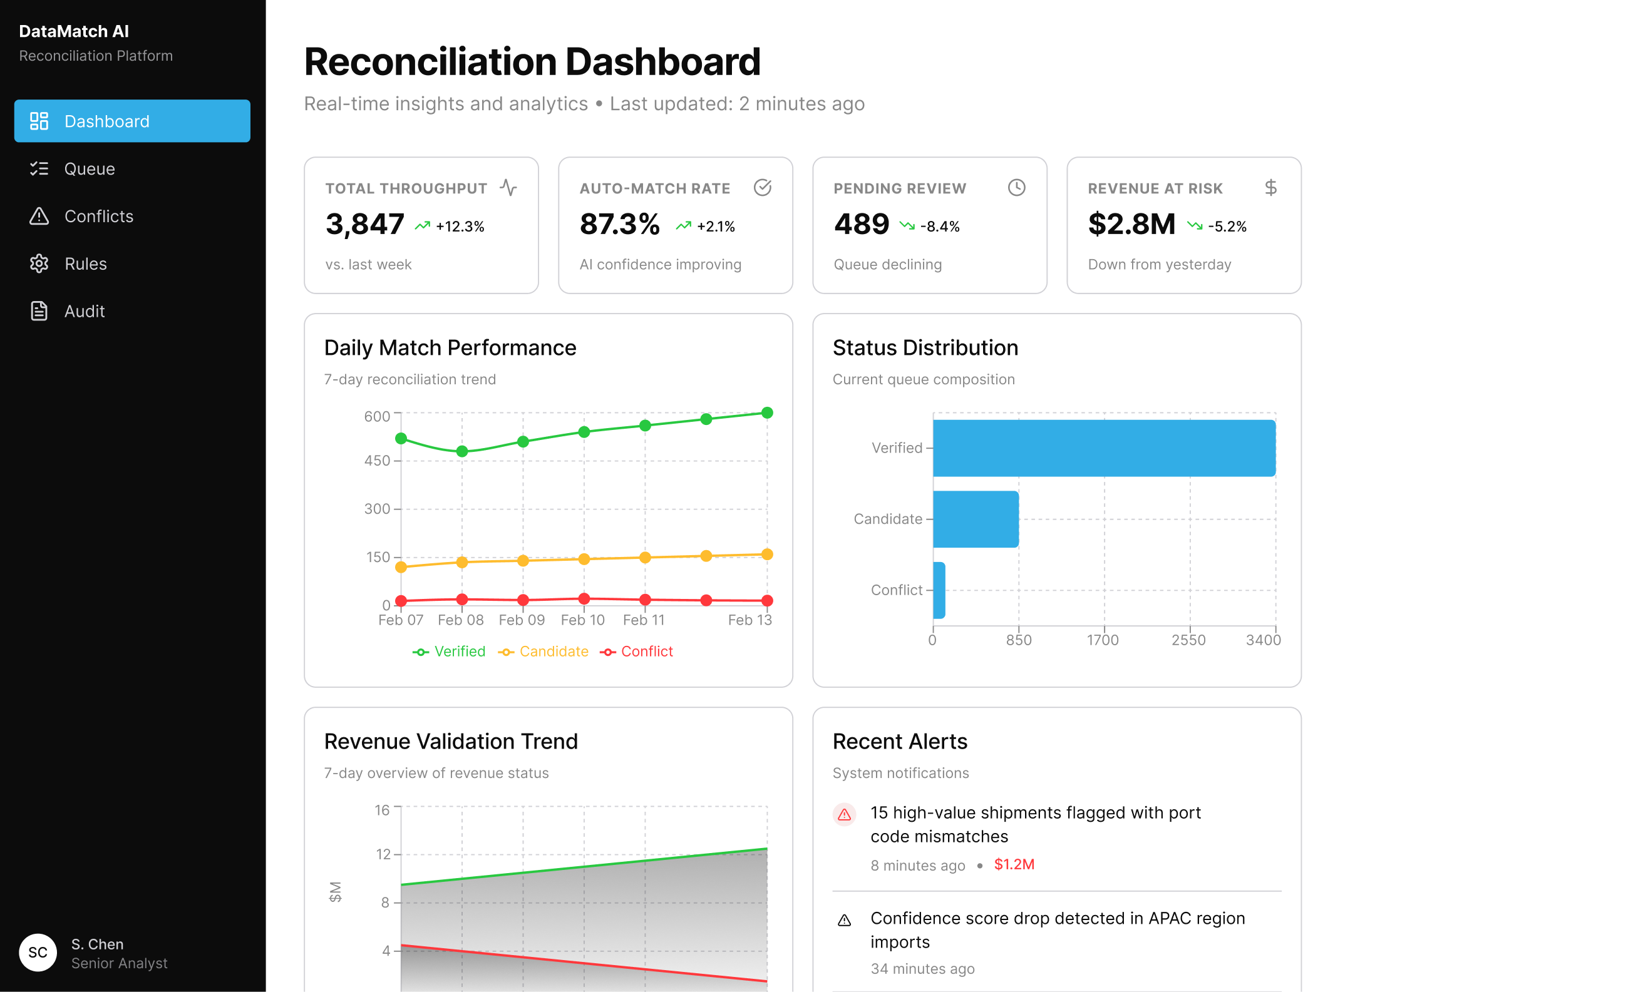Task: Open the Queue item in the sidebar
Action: coord(90,168)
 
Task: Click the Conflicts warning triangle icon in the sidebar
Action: coord(39,216)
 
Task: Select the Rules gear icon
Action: coord(39,263)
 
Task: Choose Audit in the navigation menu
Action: coord(84,310)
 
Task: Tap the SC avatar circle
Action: coord(38,952)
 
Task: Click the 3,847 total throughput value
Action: coord(365,224)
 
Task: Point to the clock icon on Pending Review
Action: coord(1016,188)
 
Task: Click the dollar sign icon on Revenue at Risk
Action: coord(1270,188)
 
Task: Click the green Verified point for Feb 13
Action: coord(768,413)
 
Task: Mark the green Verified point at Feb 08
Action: coord(462,451)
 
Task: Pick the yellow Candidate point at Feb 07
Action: coord(401,567)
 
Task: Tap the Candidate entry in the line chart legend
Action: coord(553,652)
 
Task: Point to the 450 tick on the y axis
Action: coord(378,461)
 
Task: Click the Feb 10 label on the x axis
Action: coord(583,620)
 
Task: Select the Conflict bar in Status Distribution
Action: coord(939,590)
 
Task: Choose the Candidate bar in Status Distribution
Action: coord(976,519)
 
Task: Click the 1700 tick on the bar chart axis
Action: coord(1103,640)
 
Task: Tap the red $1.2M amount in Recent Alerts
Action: coord(1014,865)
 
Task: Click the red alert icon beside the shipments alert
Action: coord(844,815)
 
